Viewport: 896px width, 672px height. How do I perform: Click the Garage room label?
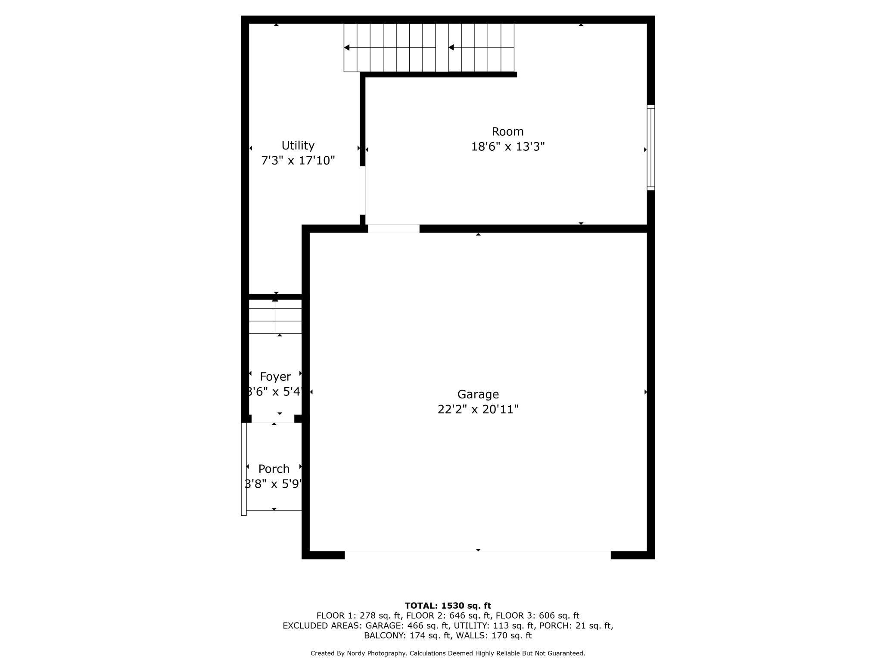pyautogui.click(x=478, y=394)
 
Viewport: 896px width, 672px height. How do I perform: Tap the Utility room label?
pyautogui.click(x=298, y=145)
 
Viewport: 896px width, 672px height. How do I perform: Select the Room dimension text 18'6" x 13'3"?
pyautogui.click(x=507, y=147)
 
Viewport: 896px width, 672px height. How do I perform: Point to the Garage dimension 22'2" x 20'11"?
pyautogui.click(x=478, y=409)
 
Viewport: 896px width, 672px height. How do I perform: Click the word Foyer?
pyautogui.click(x=275, y=377)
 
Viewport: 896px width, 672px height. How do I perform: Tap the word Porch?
pyautogui.click(x=274, y=469)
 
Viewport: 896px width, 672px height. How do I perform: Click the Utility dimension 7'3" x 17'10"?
pyautogui.click(x=298, y=161)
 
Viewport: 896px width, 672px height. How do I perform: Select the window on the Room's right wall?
pyautogui.click(x=650, y=148)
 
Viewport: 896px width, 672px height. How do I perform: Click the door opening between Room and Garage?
pyautogui.click(x=393, y=229)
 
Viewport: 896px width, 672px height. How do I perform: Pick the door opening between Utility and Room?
pyautogui.click(x=363, y=190)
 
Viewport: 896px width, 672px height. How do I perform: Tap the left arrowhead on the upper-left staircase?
pyautogui.click(x=347, y=47)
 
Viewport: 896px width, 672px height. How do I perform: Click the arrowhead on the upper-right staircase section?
pyautogui.click(x=451, y=47)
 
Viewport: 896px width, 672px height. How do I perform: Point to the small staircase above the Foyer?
pyautogui.click(x=275, y=317)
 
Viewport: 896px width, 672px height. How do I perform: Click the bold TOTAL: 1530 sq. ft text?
pyautogui.click(x=448, y=606)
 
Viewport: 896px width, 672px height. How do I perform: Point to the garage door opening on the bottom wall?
pyautogui.click(x=477, y=551)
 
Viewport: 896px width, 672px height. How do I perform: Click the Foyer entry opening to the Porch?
pyautogui.click(x=273, y=419)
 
